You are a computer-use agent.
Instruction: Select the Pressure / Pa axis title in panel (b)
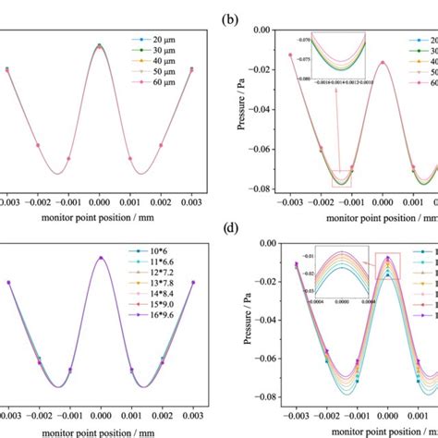point(241,109)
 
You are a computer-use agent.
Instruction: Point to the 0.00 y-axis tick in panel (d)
point(268,243)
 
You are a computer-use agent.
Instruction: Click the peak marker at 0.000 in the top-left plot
point(100,45)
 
